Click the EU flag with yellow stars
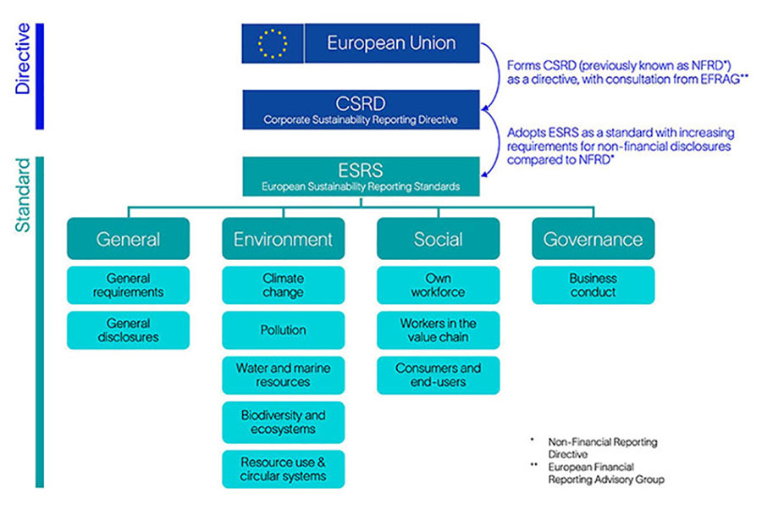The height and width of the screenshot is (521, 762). point(272,43)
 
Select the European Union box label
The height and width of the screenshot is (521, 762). point(391,43)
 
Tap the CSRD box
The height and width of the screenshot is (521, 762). point(361,110)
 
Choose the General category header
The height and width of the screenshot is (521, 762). point(128,239)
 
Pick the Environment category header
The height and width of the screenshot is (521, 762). point(283,239)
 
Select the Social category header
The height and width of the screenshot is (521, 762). point(438,239)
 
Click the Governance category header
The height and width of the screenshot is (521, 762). point(593,239)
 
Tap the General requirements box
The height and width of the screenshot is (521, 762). point(128,285)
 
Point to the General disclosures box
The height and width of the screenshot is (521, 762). point(128,330)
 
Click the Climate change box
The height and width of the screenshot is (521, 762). point(283,285)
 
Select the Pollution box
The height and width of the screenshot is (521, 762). point(283,330)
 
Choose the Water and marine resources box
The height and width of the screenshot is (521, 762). point(283,375)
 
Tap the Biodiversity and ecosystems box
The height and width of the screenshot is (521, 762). point(283,422)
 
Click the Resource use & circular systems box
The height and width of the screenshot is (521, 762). point(283,469)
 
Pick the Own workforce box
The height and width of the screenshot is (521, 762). point(438,285)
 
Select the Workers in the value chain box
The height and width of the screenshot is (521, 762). point(438,330)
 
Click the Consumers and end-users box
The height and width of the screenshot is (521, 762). point(438,375)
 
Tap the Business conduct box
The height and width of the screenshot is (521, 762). point(593,285)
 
